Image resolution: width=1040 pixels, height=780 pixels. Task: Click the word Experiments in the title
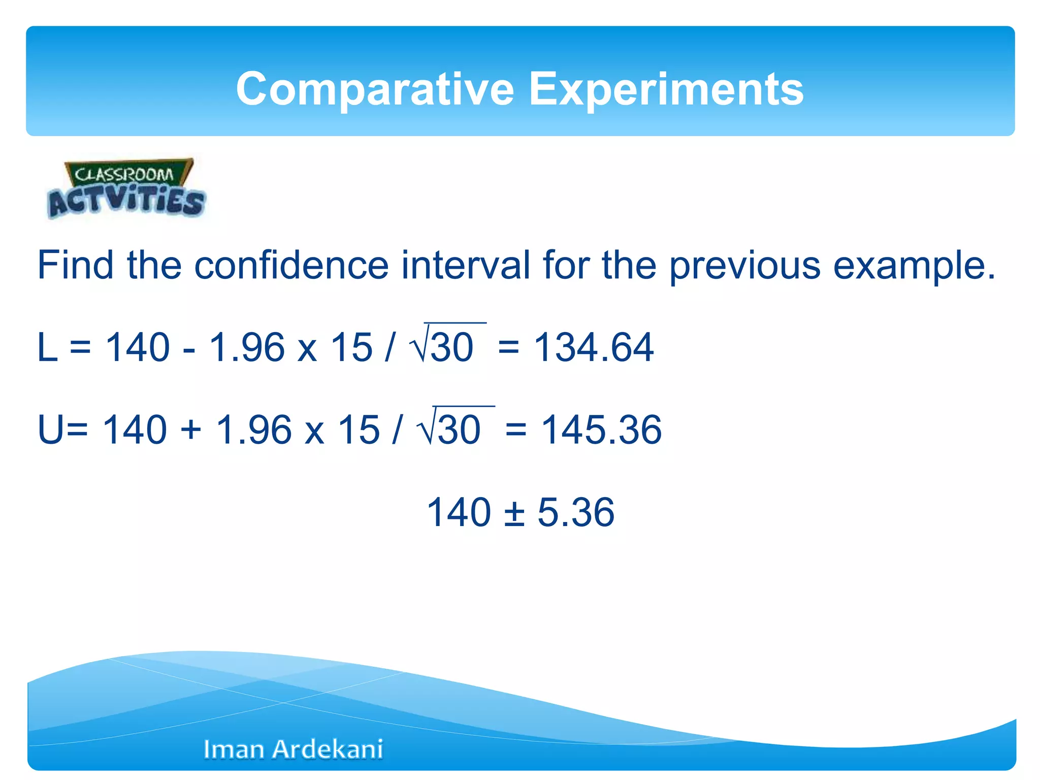point(666,89)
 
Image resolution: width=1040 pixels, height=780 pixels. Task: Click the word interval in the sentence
point(465,265)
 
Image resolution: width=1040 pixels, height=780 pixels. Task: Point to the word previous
point(744,265)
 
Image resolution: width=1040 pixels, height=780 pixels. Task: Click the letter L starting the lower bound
point(48,347)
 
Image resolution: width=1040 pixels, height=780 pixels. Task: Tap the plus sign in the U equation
point(191,430)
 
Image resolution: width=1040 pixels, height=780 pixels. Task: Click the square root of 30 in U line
point(454,428)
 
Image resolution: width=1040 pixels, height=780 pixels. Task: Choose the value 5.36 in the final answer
point(575,512)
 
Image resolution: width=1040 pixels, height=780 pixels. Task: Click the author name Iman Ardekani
point(293,749)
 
